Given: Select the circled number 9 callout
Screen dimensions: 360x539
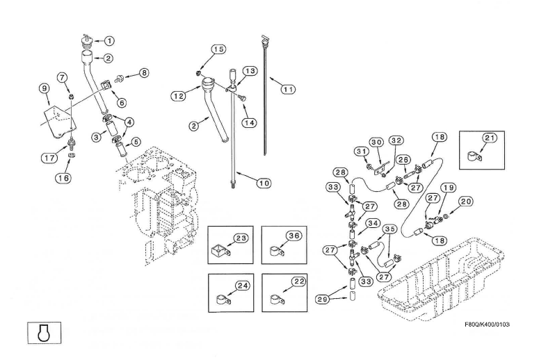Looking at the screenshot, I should pyautogui.click(x=45, y=88).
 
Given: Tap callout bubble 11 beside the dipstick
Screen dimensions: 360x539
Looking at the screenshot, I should pyautogui.click(x=287, y=89).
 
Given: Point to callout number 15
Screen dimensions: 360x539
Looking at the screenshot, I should pyautogui.click(x=218, y=49).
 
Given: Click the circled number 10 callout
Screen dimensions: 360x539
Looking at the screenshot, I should pyautogui.click(x=264, y=183).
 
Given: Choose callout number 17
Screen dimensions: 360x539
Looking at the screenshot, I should pyautogui.click(x=49, y=158).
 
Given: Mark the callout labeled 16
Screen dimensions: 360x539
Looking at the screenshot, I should pyautogui.click(x=63, y=177).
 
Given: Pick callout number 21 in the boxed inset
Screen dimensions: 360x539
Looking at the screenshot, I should pyautogui.click(x=489, y=138).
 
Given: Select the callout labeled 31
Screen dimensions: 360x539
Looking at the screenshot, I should pyautogui.click(x=361, y=152).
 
